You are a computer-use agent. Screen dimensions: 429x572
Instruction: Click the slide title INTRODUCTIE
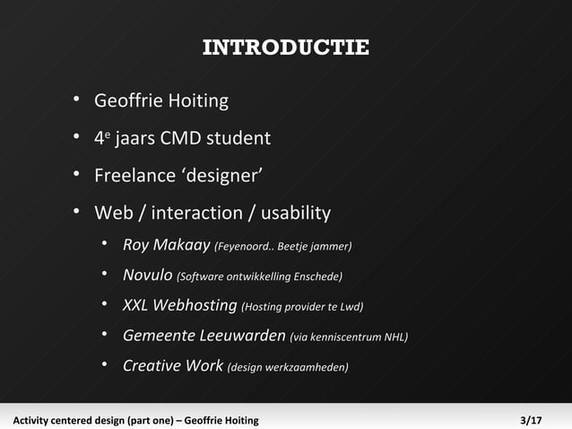pos(285,48)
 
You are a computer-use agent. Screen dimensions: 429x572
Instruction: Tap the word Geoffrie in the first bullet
pos(126,101)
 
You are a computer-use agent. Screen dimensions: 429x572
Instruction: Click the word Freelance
pos(130,176)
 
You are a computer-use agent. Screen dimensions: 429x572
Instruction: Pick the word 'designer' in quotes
pos(216,176)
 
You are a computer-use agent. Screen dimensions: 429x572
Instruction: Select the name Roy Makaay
pos(166,245)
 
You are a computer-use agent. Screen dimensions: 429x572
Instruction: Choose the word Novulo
pos(147,275)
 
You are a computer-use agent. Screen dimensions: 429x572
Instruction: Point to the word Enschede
pos(317,276)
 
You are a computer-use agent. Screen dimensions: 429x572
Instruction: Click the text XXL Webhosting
pos(179,305)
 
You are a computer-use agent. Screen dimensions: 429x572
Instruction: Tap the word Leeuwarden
pos(239,336)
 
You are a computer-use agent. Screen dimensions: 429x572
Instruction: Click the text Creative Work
pos(172,365)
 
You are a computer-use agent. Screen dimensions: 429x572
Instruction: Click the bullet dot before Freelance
pos(78,174)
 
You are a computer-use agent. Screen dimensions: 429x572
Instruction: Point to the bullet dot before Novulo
pos(106,274)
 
